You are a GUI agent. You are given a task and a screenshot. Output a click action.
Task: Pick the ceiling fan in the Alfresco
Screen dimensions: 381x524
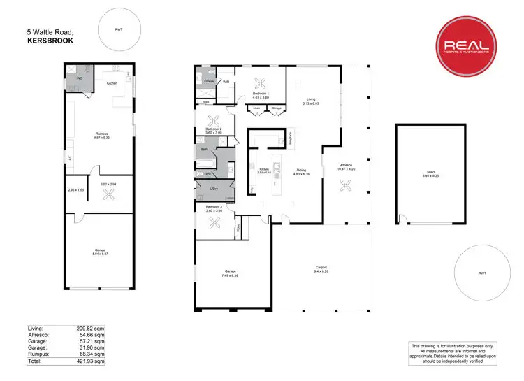pyautogui.click(x=344, y=185)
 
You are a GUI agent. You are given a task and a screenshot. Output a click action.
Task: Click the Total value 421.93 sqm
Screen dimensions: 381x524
pyautogui.click(x=90, y=361)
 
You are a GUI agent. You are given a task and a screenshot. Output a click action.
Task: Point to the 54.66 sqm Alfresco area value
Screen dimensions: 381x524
pyautogui.click(x=90, y=334)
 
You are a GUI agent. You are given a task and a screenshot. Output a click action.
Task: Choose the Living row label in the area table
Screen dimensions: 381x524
pyautogui.click(x=36, y=328)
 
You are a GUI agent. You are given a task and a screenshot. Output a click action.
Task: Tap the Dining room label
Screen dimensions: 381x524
pyautogui.click(x=300, y=170)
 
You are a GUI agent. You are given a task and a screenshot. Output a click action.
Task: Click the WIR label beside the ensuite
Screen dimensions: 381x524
pyautogui.click(x=226, y=82)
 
